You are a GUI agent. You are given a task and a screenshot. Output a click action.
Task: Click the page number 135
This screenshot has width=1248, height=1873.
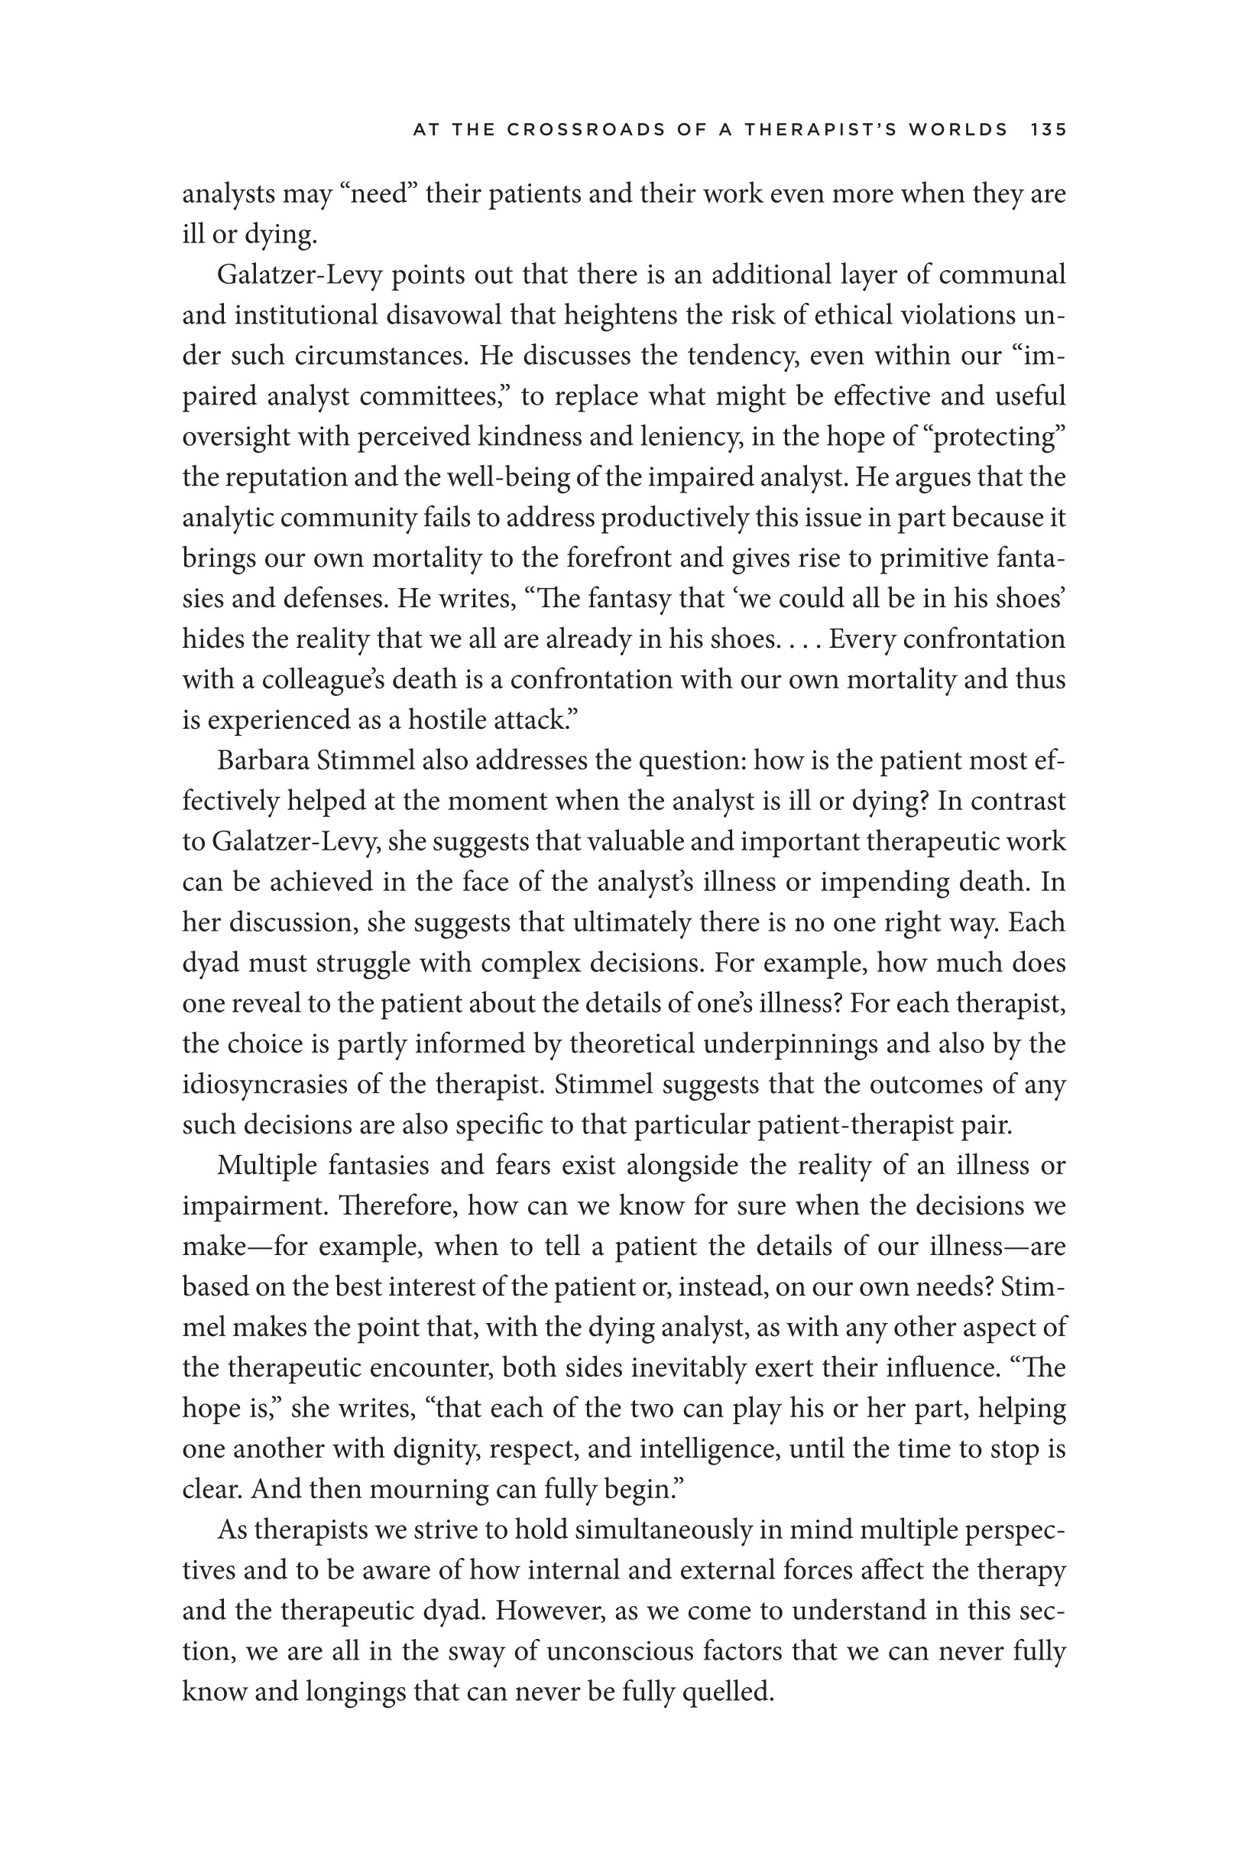point(1048,130)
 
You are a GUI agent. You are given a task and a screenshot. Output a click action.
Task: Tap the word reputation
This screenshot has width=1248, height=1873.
point(284,478)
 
